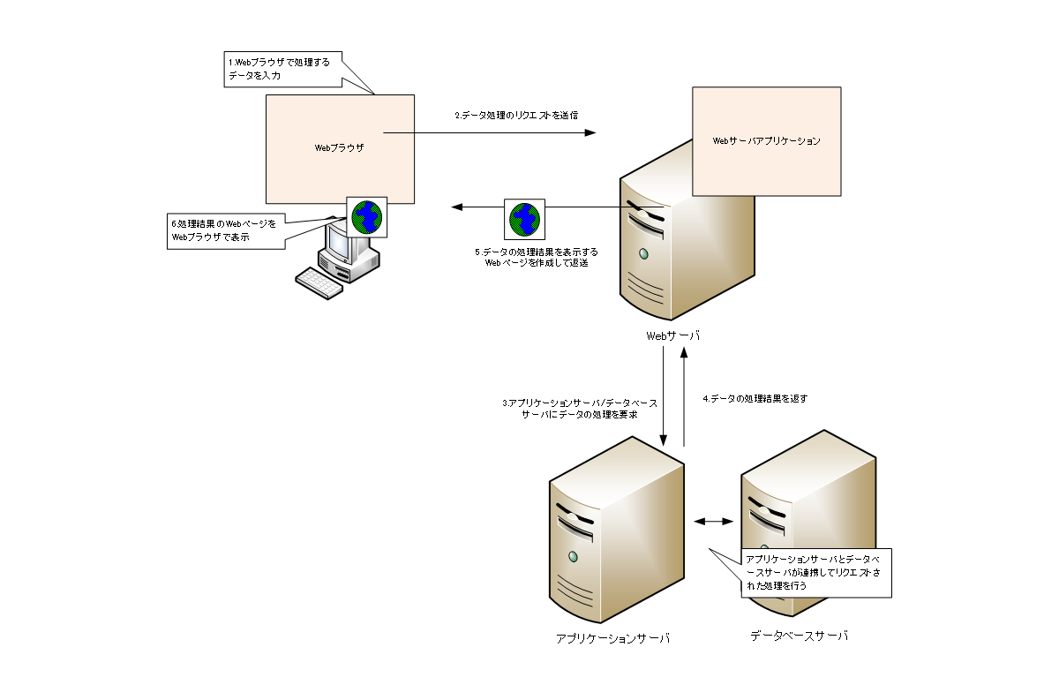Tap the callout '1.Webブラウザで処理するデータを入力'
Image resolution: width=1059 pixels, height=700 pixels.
click(x=281, y=69)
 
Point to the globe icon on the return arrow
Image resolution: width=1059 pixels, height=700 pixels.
click(x=525, y=218)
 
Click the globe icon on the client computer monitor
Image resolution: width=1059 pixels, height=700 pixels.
click(x=367, y=215)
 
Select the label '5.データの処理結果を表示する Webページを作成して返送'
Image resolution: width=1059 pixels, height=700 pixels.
click(x=529, y=257)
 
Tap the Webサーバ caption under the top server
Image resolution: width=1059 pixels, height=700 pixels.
click(x=672, y=335)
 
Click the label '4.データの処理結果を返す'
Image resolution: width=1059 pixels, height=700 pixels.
click(x=755, y=398)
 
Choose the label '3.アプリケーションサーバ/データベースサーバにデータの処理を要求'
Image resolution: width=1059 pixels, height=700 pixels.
click(x=580, y=409)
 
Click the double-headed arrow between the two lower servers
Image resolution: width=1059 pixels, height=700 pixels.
click(x=714, y=521)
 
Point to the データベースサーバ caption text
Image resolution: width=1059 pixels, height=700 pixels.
click(x=799, y=636)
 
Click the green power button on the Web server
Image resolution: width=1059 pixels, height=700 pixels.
click(x=643, y=254)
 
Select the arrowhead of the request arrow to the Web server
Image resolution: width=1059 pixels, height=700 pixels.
click(x=590, y=132)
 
